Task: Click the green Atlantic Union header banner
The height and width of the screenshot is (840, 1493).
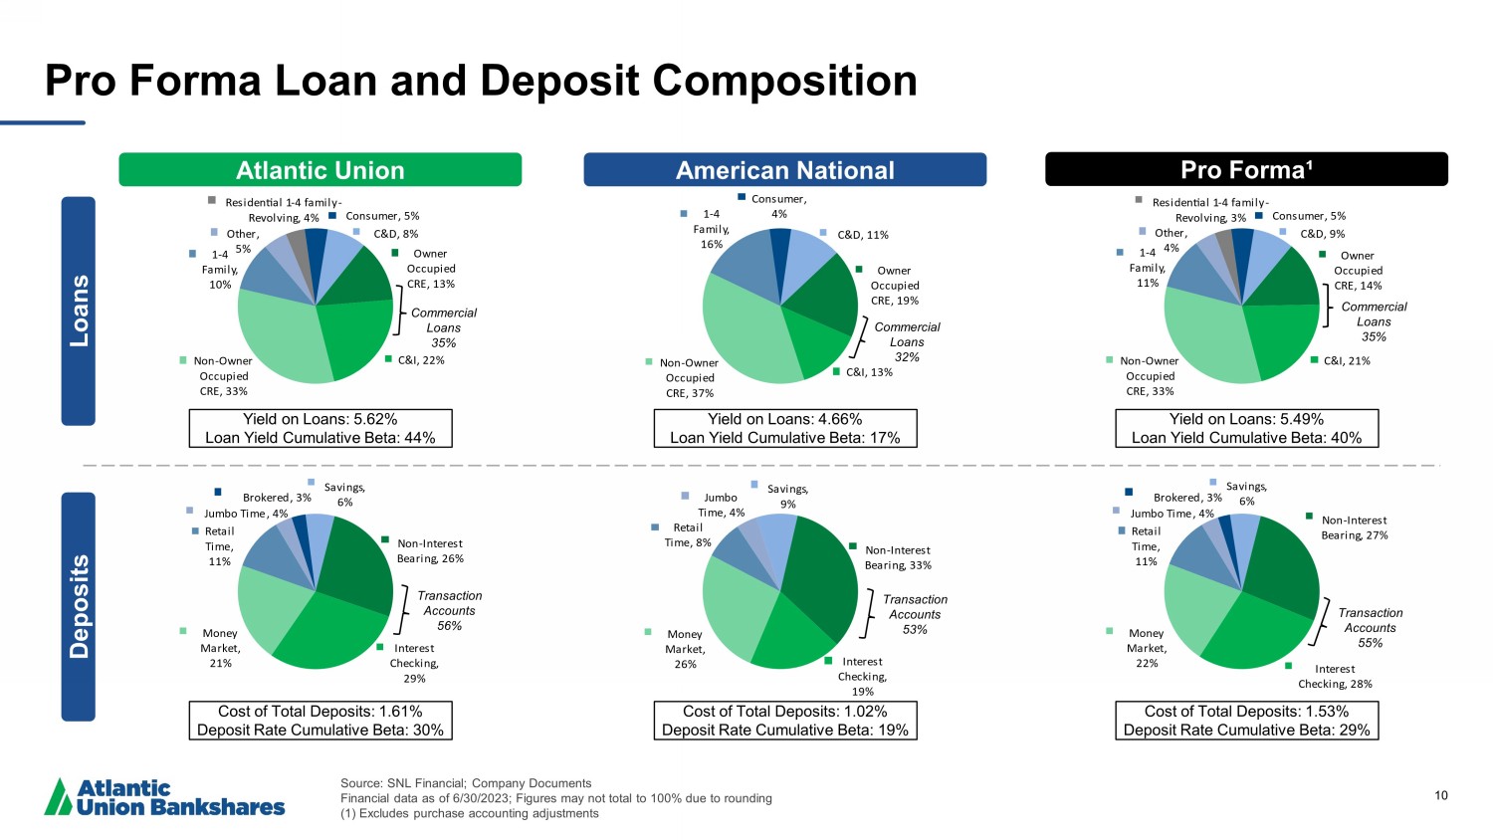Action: pyautogui.click(x=320, y=170)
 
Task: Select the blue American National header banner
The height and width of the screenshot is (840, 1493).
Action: pyautogui.click(x=784, y=170)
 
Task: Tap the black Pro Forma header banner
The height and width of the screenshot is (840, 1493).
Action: pyautogui.click(x=1246, y=170)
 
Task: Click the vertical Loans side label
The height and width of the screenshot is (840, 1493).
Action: pyautogui.click(x=79, y=311)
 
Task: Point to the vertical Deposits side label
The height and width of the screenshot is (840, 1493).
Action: pyautogui.click(x=79, y=606)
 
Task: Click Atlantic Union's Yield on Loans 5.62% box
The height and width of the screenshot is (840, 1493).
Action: pyautogui.click(x=320, y=428)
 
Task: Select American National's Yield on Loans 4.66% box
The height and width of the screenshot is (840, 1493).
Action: pyautogui.click(x=784, y=428)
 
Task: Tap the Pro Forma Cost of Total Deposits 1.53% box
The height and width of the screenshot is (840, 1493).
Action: pyautogui.click(x=1246, y=721)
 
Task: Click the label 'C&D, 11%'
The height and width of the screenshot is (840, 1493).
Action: pyautogui.click(x=862, y=236)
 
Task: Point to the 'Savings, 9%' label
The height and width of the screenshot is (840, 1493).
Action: pyautogui.click(x=787, y=497)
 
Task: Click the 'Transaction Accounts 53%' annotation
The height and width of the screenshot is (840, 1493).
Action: pyautogui.click(x=915, y=614)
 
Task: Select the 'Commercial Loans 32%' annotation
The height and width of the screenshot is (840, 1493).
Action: pyautogui.click(x=907, y=341)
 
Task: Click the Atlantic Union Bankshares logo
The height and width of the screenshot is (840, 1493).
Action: pyautogui.click(x=165, y=797)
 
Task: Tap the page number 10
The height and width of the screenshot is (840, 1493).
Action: pyautogui.click(x=1441, y=795)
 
